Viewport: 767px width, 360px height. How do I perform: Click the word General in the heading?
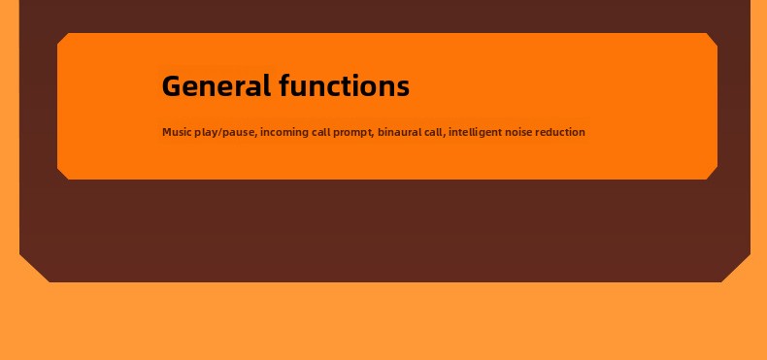coord(217,85)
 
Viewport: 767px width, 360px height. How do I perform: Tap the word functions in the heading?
coord(345,85)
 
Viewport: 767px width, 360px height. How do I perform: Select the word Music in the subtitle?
coord(177,132)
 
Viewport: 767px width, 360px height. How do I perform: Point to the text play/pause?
coord(225,133)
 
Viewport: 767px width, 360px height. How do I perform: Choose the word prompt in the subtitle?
coord(353,133)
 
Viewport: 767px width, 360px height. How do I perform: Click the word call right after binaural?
coord(434,132)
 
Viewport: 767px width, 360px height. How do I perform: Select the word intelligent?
coord(475,133)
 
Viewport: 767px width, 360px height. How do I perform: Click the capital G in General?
coord(172,85)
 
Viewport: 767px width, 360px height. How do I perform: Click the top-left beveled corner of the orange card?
coord(63,39)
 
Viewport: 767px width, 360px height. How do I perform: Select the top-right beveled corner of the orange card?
coord(712,39)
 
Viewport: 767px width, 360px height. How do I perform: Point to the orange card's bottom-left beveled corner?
coord(63,174)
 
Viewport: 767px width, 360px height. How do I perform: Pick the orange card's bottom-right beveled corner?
coord(712,174)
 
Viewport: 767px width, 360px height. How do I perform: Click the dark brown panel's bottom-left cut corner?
coord(34,268)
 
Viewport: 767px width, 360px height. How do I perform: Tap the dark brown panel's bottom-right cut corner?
coord(736,268)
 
